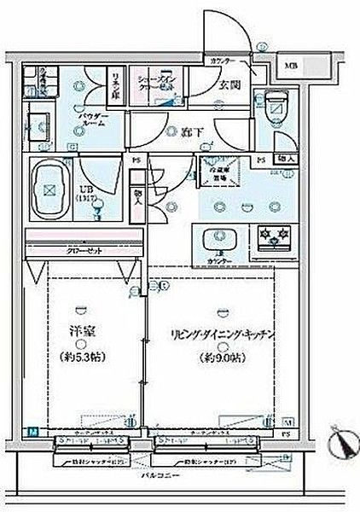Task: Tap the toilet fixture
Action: point(276,105)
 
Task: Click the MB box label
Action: point(293,66)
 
